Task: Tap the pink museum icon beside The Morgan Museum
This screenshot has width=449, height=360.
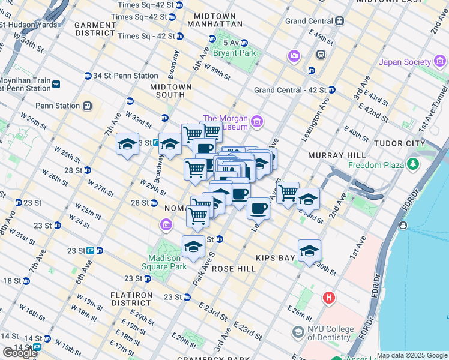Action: click(x=258, y=122)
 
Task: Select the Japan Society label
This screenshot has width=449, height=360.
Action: click(x=404, y=62)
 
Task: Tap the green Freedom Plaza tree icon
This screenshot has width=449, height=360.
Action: click(x=413, y=164)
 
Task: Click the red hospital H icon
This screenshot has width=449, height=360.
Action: click(x=329, y=298)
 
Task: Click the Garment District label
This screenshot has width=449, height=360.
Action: click(x=95, y=29)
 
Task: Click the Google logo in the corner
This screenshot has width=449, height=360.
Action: click(x=20, y=353)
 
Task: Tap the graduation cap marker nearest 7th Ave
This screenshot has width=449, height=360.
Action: click(x=127, y=144)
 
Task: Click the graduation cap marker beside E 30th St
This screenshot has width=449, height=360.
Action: click(x=309, y=250)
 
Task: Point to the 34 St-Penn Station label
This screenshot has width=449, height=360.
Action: click(x=125, y=76)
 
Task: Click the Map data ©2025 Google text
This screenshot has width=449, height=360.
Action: click(x=412, y=355)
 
